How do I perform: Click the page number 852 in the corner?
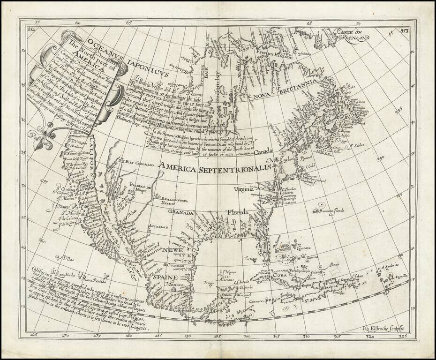(x=31, y=29)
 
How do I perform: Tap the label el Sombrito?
(x=389, y=266)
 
